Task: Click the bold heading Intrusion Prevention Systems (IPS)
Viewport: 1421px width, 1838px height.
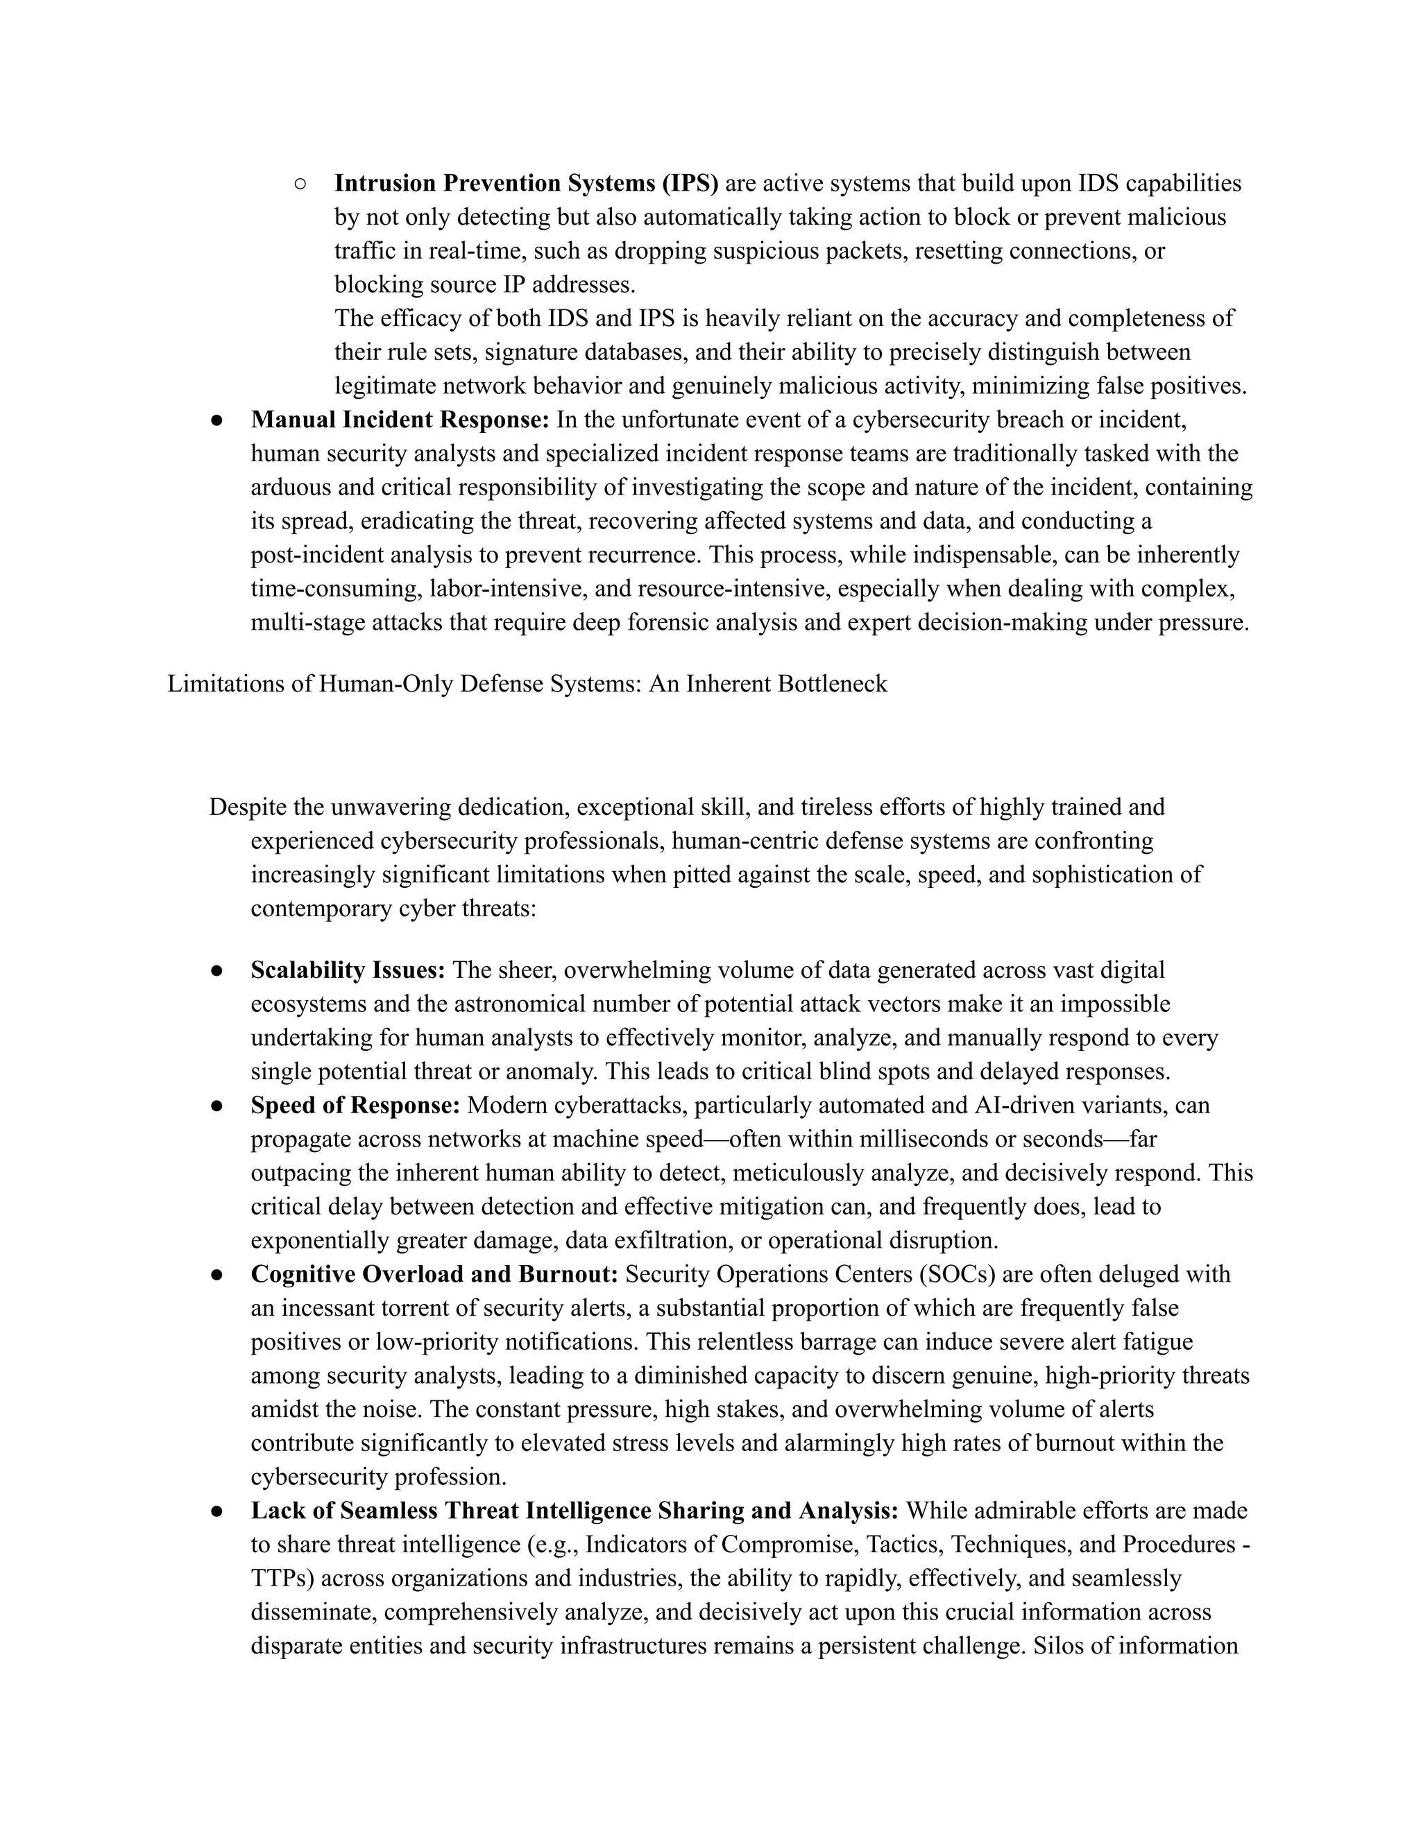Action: pyautogui.click(x=526, y=184)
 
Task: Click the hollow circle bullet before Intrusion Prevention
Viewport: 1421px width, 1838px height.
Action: pyautogui.click(x=300, y=184)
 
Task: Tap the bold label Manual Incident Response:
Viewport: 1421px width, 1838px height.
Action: pyautogui.click(x=400, y=419)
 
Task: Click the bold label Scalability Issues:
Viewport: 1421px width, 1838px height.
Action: pyautogui.click(x=348, y=970)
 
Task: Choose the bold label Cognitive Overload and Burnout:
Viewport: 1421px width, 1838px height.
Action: pyautogui.click(x=434, y=1274)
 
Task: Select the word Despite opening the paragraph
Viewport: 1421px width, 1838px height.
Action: pyautogui.click(x=250, y=807)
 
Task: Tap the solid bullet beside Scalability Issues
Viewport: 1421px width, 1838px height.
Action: pyautogui.click(x=216, y=970)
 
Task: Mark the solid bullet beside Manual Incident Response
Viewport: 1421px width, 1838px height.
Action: pyautogui.click(x=216, y=419)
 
